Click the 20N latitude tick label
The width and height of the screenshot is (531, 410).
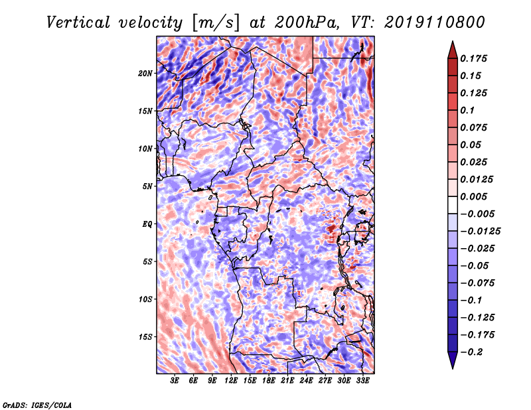[145, 74]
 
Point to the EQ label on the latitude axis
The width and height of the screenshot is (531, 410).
[147, 224]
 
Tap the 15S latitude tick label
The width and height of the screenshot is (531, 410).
[145, 337]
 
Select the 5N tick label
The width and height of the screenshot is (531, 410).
[147, 186]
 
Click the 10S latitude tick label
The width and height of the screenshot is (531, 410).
[145, 299]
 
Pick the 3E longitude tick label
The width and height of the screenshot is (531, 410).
[175, 381]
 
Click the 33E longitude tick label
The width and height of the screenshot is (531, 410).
[362, 381]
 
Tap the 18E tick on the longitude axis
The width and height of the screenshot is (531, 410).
[269, 381]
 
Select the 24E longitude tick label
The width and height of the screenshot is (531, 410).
[306, 381]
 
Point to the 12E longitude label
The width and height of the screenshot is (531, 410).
[231, 381]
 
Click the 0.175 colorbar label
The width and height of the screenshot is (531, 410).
[473, 58]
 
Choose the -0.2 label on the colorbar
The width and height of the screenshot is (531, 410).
[471, 352]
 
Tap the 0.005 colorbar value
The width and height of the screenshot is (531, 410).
[473, 196]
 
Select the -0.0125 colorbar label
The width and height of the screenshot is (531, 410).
[480, 232]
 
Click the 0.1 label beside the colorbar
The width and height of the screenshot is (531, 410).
[467, 110]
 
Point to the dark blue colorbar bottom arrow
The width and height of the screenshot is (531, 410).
[453, 359]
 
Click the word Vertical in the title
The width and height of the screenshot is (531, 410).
[78, 23]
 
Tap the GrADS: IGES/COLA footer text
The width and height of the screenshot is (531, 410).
[37, 405]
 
